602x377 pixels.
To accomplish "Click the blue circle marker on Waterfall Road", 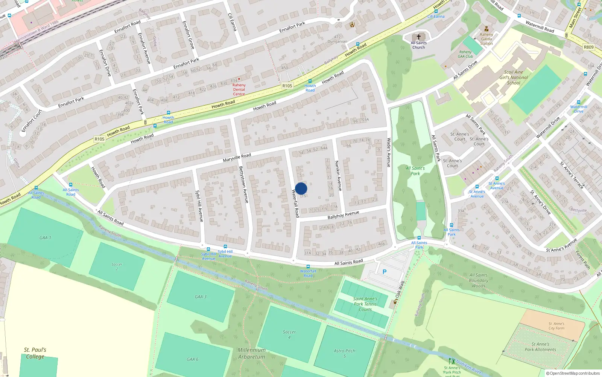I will point(301,188).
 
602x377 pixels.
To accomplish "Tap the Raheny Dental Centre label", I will point(239,90).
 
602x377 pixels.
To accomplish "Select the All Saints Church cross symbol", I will point(418,37).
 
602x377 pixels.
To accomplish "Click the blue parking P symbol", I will point(385,272).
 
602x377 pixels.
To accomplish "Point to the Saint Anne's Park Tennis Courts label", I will point(365,304).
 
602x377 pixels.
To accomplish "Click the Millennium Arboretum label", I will point(251,353).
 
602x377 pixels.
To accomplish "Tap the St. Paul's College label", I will point(35,353).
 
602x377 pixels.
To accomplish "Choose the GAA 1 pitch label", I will point(45,238).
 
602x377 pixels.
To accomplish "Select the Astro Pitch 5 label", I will point(344,353).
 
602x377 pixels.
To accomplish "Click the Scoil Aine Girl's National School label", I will point(514,77).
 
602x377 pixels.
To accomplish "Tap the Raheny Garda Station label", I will point(486,39).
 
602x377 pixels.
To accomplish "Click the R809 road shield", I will point(588,47).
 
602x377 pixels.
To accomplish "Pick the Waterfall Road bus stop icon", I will point(308,267).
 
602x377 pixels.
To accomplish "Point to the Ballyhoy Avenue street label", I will point(343,215).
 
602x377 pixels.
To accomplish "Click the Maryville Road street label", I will point(237,158).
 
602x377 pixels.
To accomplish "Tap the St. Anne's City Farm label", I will point(556,326).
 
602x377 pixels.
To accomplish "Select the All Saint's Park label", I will point(415,171).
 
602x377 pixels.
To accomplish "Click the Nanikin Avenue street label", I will point(338,176).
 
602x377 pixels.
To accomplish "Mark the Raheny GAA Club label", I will point(465,54).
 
